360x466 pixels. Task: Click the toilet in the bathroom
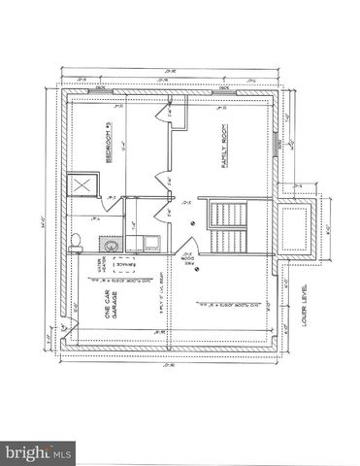78,241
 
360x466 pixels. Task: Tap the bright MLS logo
39,452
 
